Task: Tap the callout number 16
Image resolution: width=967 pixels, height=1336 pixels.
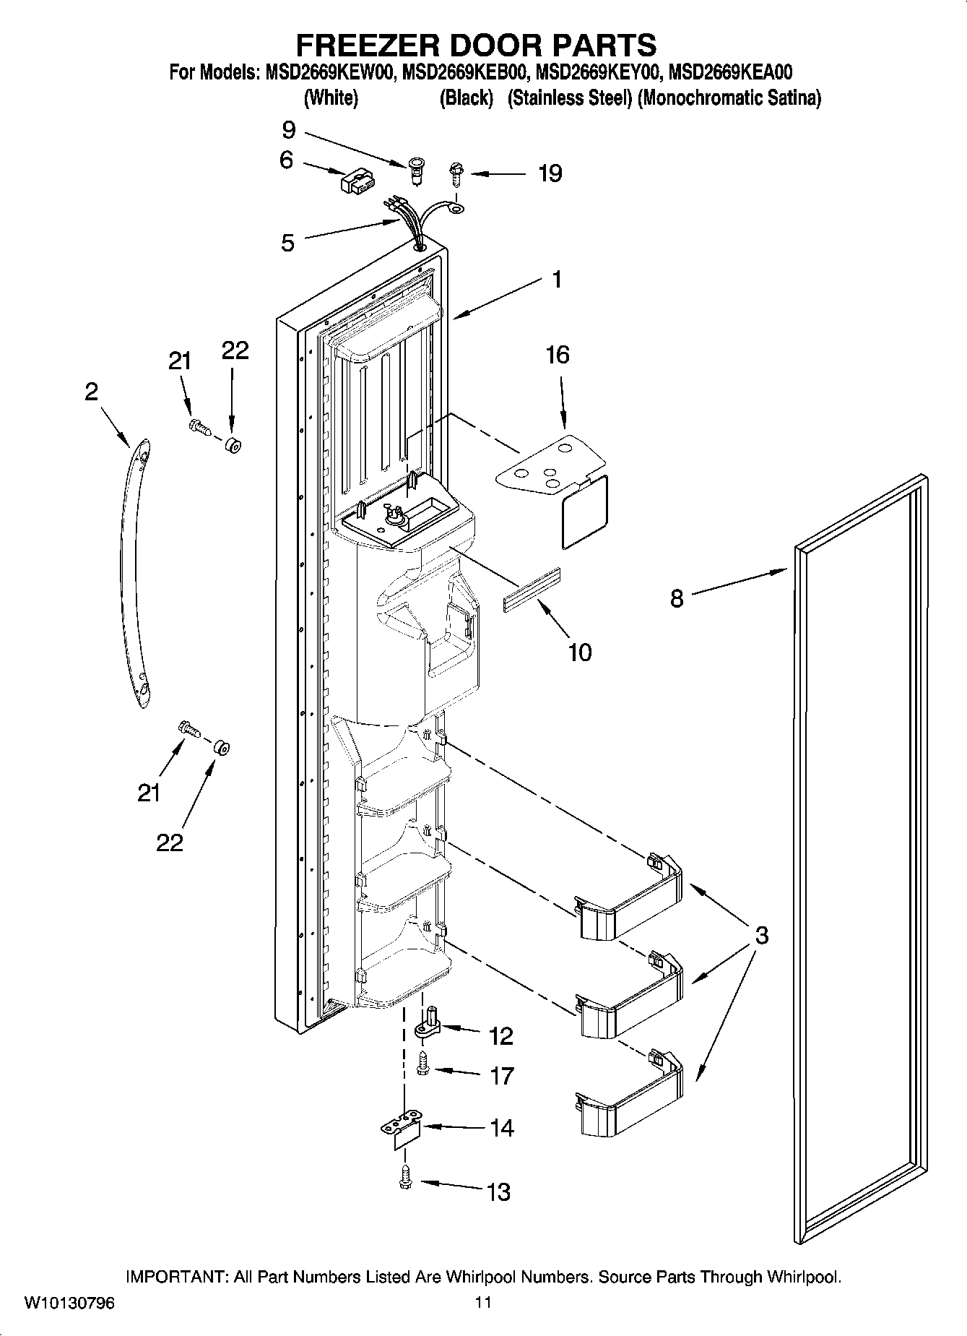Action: click(x=557, y=355)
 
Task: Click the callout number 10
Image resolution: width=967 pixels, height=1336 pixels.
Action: click(x=579, y=652)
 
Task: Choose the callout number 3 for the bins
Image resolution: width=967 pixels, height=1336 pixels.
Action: click(x=761, y=936)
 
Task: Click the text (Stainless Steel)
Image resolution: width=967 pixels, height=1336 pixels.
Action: click(x=570, y=98)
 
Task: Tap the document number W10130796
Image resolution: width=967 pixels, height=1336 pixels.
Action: click(x=69, y=1303)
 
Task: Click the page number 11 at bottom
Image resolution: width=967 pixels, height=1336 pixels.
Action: click(x=483, y=1303)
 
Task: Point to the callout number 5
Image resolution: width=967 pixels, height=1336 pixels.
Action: click(x=287, y=244)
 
